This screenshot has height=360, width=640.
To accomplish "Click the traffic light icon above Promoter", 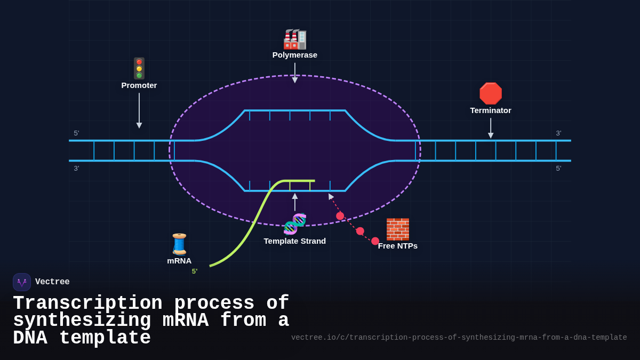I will tap(139, 68).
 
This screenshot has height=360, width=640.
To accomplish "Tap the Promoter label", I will tap(139, 85).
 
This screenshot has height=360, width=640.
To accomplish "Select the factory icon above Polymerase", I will tap(295, 39).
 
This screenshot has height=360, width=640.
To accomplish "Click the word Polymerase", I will tap(295, 55).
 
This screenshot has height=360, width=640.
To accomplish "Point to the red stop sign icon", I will tap(491, 93).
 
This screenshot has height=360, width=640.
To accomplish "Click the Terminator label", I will tap(491, 110).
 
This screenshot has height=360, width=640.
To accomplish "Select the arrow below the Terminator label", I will tap(491, 128).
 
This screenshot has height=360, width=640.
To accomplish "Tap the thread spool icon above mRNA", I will tap(179, 244).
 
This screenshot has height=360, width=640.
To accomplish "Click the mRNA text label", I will tap(179, 261).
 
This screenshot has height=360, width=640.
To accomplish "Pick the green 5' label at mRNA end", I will tap(195, 271).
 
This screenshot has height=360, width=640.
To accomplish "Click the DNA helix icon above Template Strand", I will tap(295, 224).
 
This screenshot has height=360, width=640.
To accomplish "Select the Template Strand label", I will tap(295, 241).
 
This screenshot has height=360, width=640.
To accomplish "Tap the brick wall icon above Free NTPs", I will tap(397, 229).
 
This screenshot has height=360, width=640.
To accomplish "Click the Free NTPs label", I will tap(398, 246).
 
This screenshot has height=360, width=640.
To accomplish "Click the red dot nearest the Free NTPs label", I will tap(375, 241).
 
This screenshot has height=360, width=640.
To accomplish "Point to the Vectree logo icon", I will tap(22, 282).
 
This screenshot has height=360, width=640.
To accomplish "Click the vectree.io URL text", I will tap(459, 338).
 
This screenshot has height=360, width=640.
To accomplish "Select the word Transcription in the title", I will tap(87, 303).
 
